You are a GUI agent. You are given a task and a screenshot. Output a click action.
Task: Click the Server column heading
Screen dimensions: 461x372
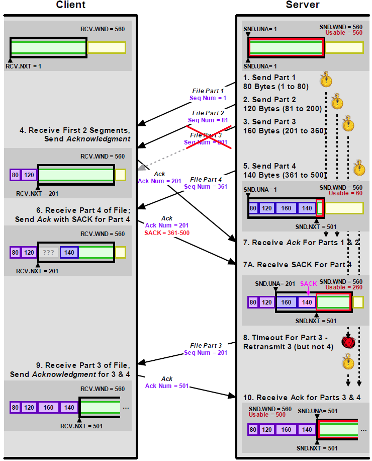coord(303,5)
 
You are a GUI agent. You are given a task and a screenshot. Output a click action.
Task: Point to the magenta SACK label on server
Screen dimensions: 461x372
coord(309,284)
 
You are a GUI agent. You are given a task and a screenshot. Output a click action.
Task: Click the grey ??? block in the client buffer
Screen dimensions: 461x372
coord(48,253)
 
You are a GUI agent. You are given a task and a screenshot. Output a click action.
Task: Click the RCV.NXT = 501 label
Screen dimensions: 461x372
coord(81,426)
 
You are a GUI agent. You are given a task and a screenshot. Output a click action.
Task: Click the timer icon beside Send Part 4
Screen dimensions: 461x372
coord(359,167)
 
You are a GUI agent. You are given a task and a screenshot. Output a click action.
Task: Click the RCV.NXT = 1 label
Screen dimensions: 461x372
coord(23,66)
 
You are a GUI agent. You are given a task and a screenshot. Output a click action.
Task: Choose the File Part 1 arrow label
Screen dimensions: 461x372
coord(208,91)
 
